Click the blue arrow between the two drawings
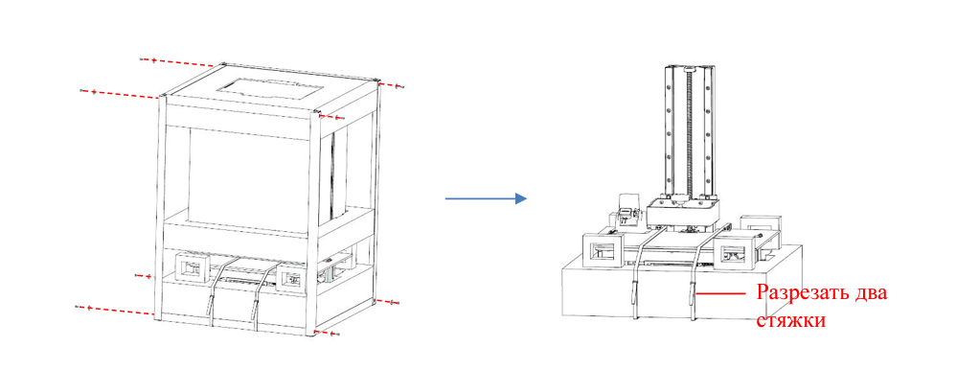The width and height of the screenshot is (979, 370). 486,198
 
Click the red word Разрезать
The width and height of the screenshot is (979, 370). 805,292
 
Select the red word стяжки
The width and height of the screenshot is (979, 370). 791,320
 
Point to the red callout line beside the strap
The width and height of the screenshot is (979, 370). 720,291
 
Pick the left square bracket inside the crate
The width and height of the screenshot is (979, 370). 192,269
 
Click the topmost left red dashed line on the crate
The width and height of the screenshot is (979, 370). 181,62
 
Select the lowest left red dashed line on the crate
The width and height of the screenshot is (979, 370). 115,311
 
